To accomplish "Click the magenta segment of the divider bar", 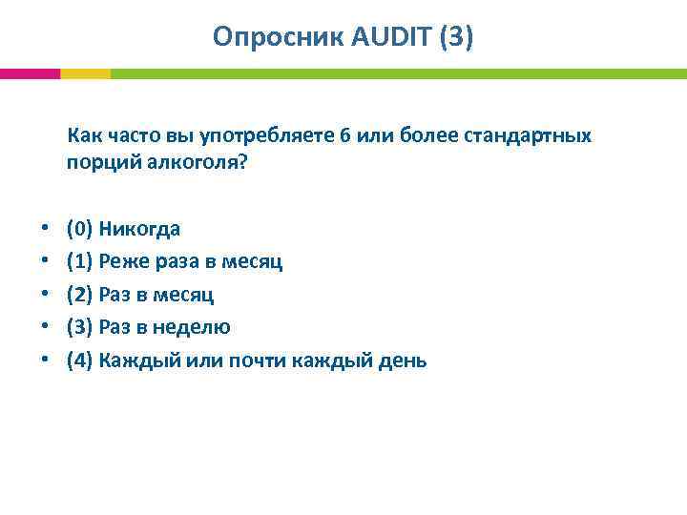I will coord(30,73).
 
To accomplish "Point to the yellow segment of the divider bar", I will coord(85,73).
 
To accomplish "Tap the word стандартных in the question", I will coord(528,135).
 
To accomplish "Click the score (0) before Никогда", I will coord(80,229).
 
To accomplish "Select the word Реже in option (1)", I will coord(121,261).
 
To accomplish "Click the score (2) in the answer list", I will coord(80,295).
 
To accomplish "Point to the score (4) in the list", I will coord(80,360).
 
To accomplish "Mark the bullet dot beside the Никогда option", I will coord(45,230).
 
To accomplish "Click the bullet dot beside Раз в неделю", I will coord(45,328).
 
